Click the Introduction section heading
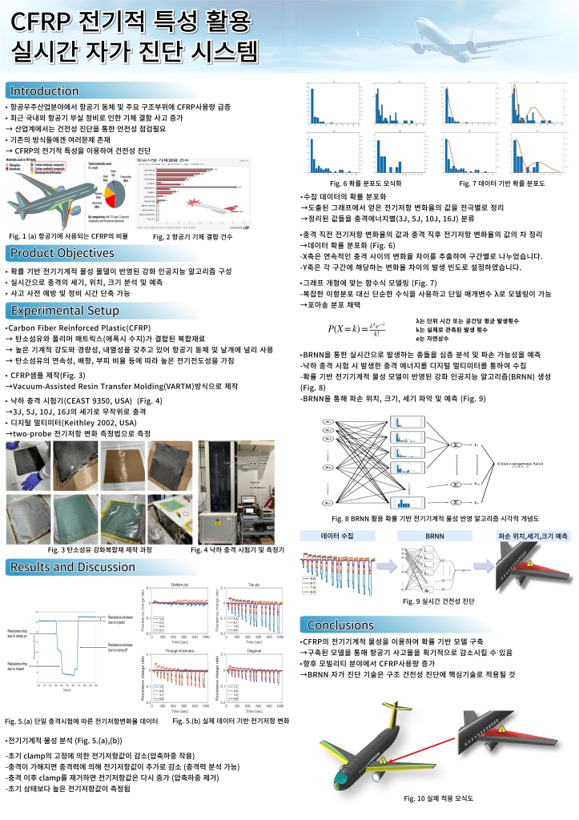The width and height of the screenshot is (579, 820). [x=44, y=90]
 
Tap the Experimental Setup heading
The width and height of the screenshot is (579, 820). [x=63, y=311]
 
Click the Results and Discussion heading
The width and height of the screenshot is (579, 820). [x=72, y=568]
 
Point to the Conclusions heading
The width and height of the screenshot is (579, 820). [x=341, y=625]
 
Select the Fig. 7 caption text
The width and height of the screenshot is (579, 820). [x=501, y=183]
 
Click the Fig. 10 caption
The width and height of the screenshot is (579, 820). [x=444, y=798]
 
